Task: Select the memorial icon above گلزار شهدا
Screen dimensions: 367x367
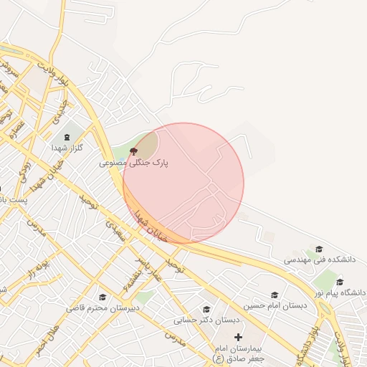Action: [x=68, y=135]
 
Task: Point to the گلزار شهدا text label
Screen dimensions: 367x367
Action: [x=67, y=147]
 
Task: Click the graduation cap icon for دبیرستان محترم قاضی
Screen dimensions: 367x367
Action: [x=103, y=297]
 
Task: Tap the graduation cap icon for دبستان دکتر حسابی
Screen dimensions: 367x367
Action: [x=206, y=309]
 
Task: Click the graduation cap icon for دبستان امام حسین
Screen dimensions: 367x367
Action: [x=274, y=295]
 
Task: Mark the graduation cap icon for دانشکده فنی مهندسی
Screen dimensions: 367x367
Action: [x=318, y=249]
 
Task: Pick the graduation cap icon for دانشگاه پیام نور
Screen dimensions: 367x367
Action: [x=340, y=282]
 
